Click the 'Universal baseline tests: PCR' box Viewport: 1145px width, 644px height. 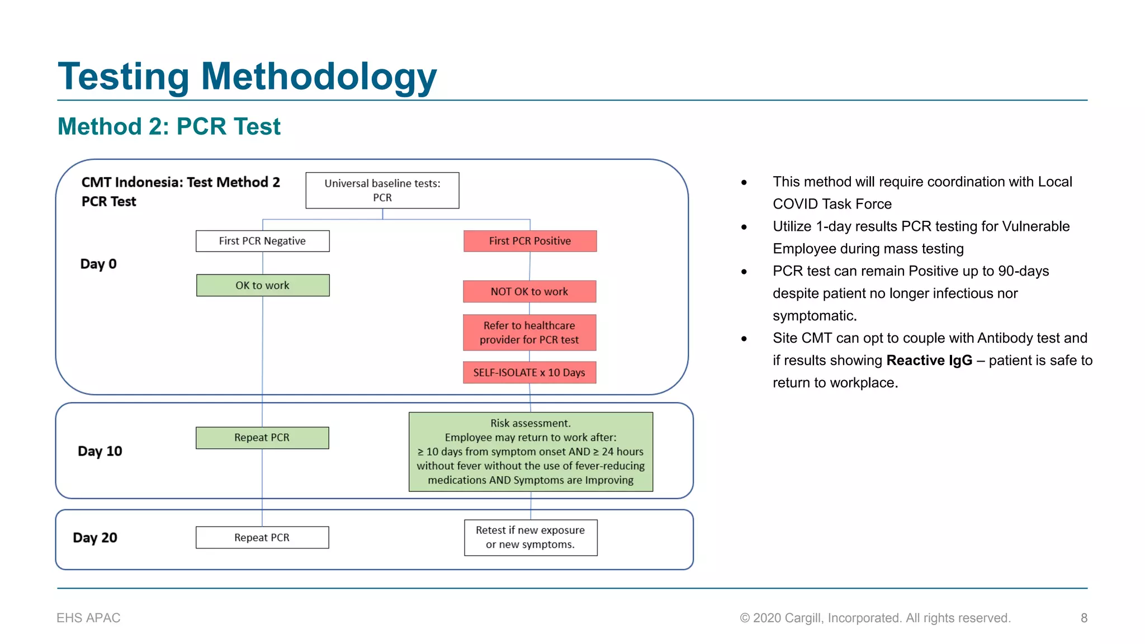(382, 191)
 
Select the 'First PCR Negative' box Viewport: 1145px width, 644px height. (262, 241)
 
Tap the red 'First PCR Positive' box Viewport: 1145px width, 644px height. (530, 241)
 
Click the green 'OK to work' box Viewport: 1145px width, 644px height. (263, 285)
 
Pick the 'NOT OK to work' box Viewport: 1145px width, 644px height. (529, 291)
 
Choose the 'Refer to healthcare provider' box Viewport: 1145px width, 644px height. (529, 333)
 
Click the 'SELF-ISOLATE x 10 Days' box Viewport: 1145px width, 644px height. (529, 372)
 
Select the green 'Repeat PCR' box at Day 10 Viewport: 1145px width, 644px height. (262, 438)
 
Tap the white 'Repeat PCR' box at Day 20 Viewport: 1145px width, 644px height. (262, 537)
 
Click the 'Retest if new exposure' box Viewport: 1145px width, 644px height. (531, 537)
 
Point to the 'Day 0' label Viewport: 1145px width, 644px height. (98, 264)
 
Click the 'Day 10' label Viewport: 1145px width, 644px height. (100, 451)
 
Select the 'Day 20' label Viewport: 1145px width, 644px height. (95, 538)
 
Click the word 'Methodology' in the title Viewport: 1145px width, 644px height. (319, 77)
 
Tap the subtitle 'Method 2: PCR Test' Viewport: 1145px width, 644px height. (169, 126)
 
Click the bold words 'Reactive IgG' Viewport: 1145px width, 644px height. (929, 361)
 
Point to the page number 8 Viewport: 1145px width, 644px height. (1084, 618)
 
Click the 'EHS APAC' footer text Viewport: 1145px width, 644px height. (88, 618)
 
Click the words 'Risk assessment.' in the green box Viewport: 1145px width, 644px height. (531, 423)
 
